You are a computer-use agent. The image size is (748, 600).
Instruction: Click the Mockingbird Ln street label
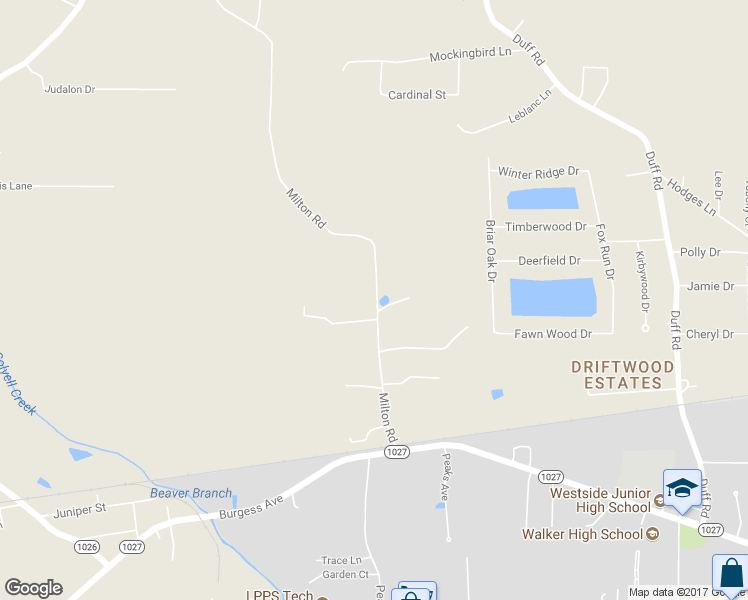(x=470, y=54)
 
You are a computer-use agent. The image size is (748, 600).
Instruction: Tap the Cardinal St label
(x=417, y=94)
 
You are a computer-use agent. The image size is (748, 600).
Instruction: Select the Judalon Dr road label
(x=69, y=89)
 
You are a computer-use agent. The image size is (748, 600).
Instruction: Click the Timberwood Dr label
(x=545, y=227)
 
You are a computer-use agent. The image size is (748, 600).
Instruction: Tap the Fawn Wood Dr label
(x=552, y=333)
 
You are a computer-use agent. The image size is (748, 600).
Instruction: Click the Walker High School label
(x=582, y=533)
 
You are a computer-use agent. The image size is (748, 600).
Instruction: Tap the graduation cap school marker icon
(x=682, y=487)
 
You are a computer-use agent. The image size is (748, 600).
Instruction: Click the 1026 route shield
(x=87, y=546)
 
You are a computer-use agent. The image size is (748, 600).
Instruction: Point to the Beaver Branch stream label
(x=190, y=493)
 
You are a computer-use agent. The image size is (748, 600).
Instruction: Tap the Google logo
(x=33, y=587)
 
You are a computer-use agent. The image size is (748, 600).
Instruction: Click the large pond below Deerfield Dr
(x=553, y=297)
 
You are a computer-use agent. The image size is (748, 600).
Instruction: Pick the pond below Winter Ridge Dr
(x=543, y=198)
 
